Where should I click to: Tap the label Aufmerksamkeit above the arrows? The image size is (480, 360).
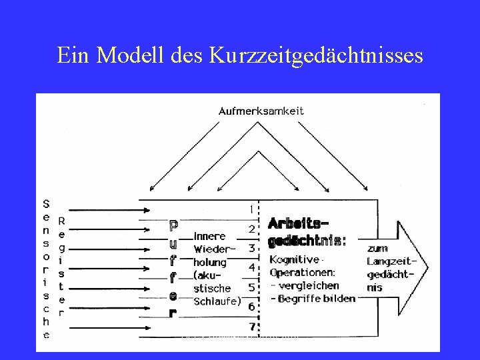261,111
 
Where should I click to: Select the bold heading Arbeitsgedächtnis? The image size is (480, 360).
306,230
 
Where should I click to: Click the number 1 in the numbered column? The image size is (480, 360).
251,209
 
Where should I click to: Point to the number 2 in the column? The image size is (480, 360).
251,229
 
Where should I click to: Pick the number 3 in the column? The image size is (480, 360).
251,248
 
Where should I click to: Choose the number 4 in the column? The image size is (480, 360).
251,267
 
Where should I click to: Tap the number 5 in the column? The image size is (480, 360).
251,287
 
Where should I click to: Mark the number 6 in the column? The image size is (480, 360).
251,307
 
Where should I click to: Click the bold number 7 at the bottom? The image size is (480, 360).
251,327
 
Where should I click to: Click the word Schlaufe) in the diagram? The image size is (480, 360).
216,301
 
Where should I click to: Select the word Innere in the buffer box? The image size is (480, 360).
209,235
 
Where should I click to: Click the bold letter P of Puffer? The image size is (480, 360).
173,225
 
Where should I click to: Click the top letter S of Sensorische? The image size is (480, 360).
46,203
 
